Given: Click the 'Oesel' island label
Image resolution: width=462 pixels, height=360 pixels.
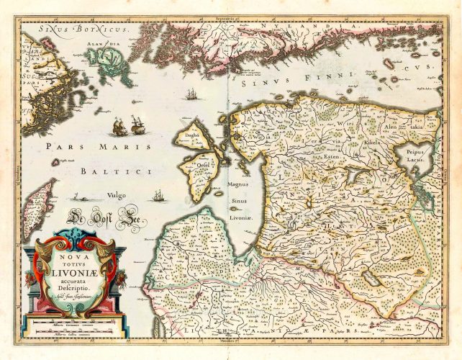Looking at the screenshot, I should (206, 162).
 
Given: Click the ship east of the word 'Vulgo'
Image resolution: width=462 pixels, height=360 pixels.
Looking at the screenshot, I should (158, 195).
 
